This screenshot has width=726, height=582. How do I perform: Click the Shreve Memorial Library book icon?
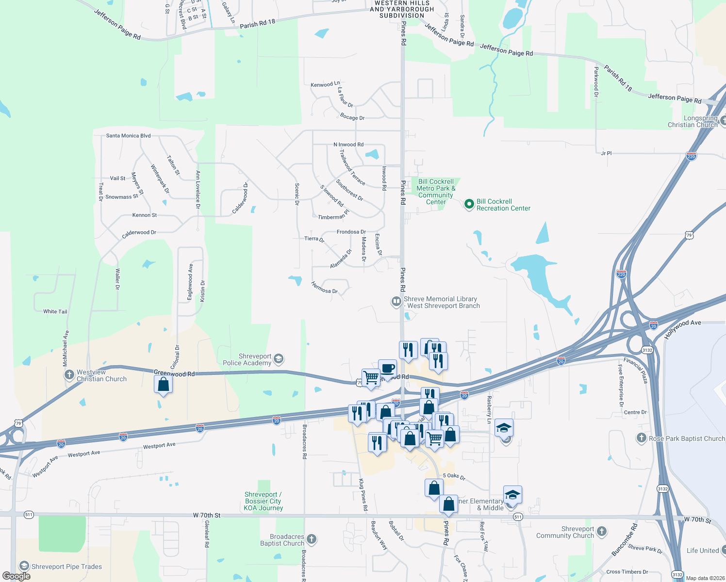[x=396, y=302]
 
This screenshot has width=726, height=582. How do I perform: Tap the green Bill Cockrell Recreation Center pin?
[x=469, y=204]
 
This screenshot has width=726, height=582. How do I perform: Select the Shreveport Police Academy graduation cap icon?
[x=278, y=359]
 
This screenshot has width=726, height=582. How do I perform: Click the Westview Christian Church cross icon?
[x=69, y=375]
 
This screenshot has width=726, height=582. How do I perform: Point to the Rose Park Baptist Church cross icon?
[x=641, y=438]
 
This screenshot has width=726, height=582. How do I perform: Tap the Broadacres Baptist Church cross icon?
[x=312, y=539]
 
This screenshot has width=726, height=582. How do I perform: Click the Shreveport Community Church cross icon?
[x=602, y=532]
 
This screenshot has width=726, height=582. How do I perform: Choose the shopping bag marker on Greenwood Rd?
[x=164, y=385]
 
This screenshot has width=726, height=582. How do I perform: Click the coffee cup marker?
[x=387, y=368]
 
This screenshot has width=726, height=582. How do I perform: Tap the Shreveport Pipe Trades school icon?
[x=24, y=566]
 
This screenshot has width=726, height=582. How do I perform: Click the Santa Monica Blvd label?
[x=128, y=136]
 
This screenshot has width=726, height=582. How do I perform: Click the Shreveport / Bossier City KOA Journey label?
[x=263, y=501]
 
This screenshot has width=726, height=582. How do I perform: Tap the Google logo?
[x=16, y=576]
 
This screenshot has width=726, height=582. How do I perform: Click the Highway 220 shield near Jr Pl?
[x=691, y=156]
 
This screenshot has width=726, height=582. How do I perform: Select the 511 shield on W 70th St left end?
[x=29, y=515]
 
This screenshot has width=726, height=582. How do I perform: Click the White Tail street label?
[x=55, y=311]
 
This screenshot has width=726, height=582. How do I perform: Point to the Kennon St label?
[x=145, y=215]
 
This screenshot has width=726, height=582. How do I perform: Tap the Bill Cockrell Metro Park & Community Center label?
[x=436, y=192]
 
